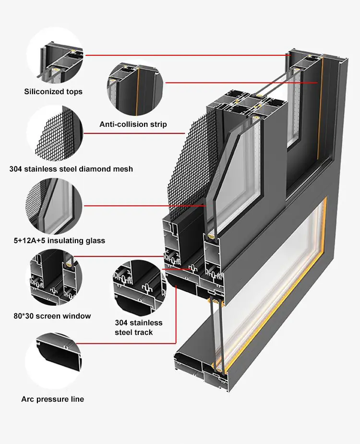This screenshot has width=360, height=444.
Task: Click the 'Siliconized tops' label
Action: (53, 92)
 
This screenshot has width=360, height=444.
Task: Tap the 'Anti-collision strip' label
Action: (133, 124)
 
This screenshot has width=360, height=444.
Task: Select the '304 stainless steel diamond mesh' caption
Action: (71, 169)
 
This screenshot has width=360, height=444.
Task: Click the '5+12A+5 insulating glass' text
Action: (57, 240)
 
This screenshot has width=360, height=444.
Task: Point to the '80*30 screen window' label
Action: (52, 316)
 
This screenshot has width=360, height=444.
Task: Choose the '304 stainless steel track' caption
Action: (138, 327)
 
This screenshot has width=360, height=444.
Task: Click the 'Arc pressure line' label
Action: (52, 399)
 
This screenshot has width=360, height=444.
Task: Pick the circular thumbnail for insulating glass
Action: (55, 205)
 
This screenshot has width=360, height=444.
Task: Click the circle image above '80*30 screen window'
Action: (54, 281)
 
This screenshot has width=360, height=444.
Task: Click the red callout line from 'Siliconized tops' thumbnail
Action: (187, 56)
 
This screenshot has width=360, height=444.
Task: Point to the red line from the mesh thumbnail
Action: (134, 133)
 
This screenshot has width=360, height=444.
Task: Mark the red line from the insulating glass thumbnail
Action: (144, 205)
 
